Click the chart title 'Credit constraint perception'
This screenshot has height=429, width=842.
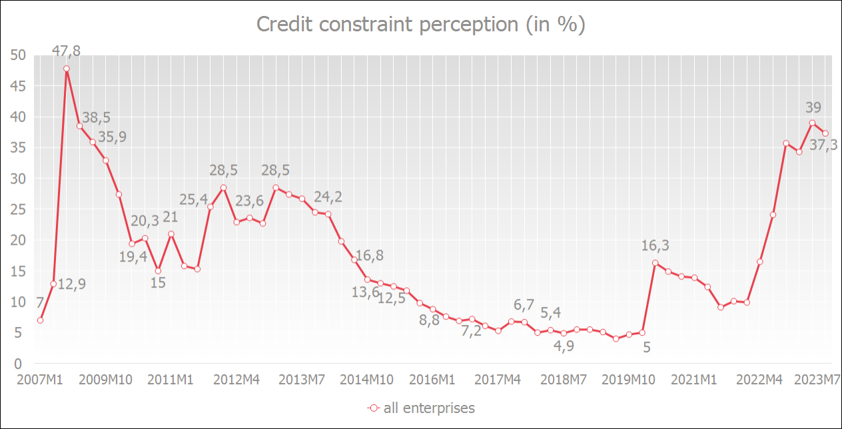pos(420,25)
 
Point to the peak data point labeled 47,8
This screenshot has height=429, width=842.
pos(67,68)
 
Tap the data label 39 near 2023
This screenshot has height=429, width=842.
pos(813,107)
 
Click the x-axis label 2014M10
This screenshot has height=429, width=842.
pos(367,380)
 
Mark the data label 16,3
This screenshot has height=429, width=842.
pos(655,246)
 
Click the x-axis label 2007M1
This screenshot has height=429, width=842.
pos(40,380)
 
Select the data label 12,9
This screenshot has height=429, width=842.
pos(72,284)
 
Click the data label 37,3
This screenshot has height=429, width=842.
pos(825,145)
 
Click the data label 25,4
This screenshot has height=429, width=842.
pos(195,199)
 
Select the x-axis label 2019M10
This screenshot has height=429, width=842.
pos(628,380)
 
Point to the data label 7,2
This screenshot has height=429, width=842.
pos(472,332)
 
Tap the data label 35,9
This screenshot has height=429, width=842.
pos(112,137)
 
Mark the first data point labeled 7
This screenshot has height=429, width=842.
pos(41,320)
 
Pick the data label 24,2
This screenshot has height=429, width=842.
pos(328,198)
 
